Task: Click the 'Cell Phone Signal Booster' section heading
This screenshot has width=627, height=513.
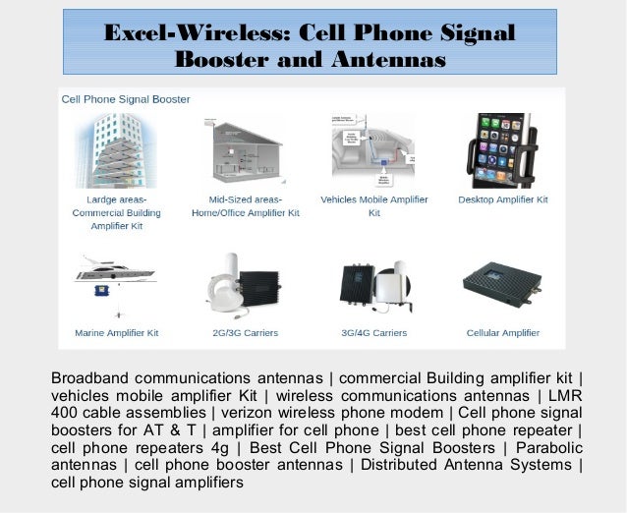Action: point(126,99)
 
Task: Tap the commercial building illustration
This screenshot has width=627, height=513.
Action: point(116,150)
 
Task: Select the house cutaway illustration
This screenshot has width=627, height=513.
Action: point(245,150)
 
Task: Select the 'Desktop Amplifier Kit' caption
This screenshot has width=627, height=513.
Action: point(503,199)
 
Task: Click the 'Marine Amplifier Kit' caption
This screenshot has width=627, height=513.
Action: point(116,333)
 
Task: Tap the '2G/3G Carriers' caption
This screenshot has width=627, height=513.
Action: point(245,333)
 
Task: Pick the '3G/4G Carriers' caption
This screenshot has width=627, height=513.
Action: point(373,333)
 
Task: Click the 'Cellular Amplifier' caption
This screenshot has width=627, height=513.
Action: point(503,333)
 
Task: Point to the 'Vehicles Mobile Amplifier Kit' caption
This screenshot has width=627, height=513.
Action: point(374,205)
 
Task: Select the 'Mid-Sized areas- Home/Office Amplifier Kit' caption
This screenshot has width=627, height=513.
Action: point(245,205)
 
